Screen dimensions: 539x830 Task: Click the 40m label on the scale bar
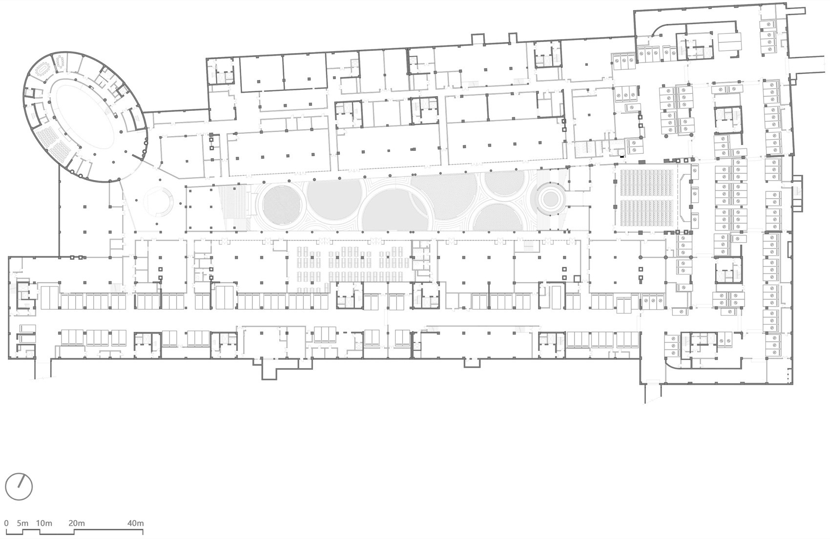(x=135, y=523)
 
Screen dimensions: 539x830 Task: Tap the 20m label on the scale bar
(x=77, y=523)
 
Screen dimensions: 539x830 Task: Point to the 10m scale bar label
(x=43, y=523)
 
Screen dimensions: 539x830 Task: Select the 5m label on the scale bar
(x=22, y=523)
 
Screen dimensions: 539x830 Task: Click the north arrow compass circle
(x=19, y=486)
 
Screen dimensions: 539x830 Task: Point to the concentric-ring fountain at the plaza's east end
(x=550, y=198)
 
